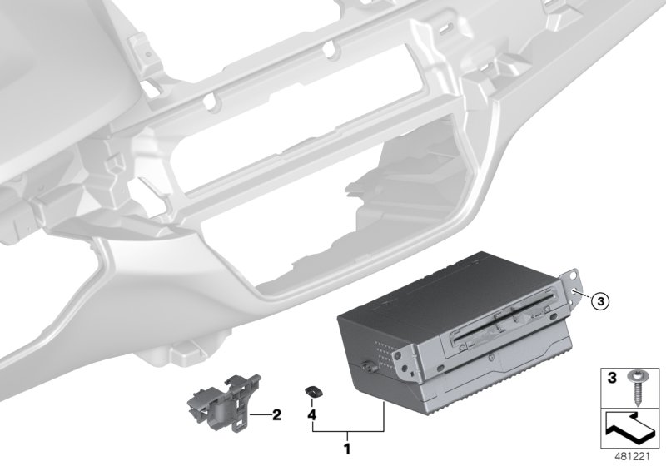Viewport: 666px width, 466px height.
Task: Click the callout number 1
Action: (x=347, y=449)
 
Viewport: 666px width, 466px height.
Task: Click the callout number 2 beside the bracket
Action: (x=276, y=414)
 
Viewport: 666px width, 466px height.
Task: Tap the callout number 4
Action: (x=312, y=414)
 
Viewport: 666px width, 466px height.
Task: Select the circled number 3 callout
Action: (x=600, y=302)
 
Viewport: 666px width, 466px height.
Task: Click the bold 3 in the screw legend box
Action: (x=612, y=378)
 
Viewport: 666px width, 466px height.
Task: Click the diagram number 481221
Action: (x=633, y=457)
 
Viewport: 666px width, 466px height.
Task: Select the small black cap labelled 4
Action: (x=312, y=391)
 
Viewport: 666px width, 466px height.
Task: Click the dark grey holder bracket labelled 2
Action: (x=224, y=403)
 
